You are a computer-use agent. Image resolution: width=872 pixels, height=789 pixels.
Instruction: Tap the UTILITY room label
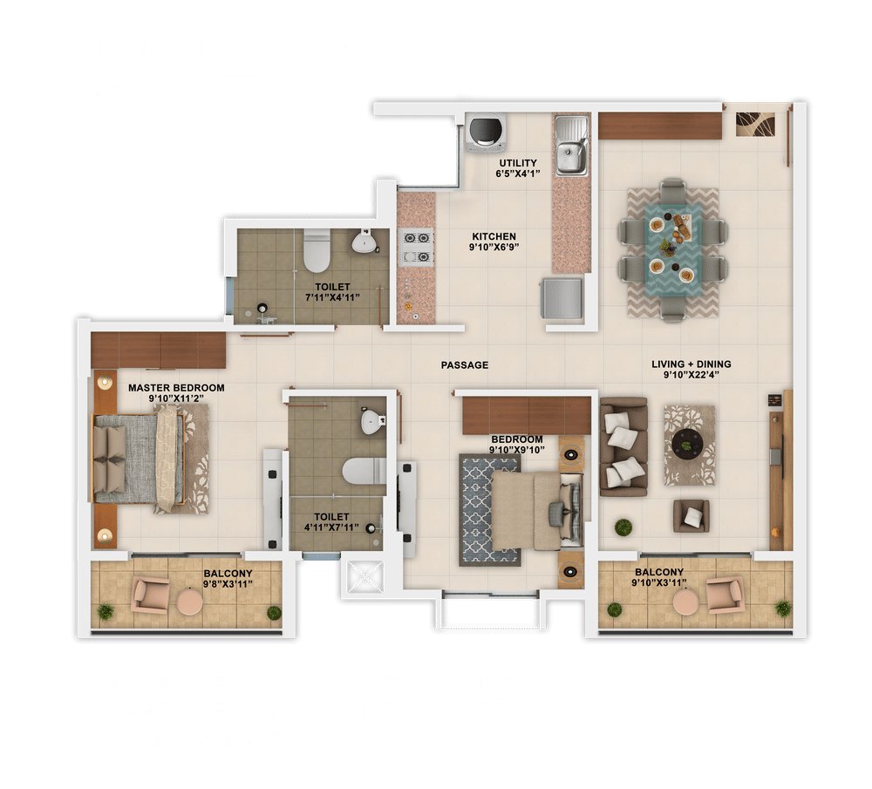coord(518,163)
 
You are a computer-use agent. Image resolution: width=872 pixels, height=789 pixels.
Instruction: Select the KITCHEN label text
coord(494,236)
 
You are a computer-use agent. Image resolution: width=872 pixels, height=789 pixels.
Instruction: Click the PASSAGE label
coord(465,365)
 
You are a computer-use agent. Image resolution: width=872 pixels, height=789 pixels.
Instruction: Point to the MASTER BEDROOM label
coord(176,388)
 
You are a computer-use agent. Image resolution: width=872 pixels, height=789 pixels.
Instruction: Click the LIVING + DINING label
coord(691,364)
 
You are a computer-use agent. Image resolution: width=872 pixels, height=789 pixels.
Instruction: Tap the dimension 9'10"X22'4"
coord(691,375)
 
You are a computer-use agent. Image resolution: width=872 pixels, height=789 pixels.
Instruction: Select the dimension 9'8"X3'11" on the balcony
coord(228,584)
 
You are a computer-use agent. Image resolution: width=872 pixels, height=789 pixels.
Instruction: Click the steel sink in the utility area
coord(571,145)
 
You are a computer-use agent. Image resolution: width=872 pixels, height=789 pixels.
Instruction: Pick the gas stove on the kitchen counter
coord(417,247)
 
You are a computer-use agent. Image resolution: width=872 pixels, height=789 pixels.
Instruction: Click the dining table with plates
coord(673,249)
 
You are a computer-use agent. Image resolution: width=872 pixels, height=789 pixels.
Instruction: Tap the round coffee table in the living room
coord(687,445)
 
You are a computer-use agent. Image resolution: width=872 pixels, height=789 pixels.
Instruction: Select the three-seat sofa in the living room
coord(623,446)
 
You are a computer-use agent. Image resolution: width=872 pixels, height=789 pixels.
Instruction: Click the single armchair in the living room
coord(691,515)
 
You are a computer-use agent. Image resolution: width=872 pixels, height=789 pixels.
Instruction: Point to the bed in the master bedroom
coord(139,459)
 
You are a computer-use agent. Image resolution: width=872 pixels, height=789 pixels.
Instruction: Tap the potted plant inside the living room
coord(623,527)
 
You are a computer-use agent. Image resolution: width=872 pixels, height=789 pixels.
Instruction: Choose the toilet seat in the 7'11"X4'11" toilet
coord(317,252)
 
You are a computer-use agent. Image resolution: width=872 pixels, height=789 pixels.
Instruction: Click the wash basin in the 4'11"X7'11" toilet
coord(371,421)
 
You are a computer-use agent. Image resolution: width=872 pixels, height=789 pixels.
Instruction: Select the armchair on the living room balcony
coord(724,595)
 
